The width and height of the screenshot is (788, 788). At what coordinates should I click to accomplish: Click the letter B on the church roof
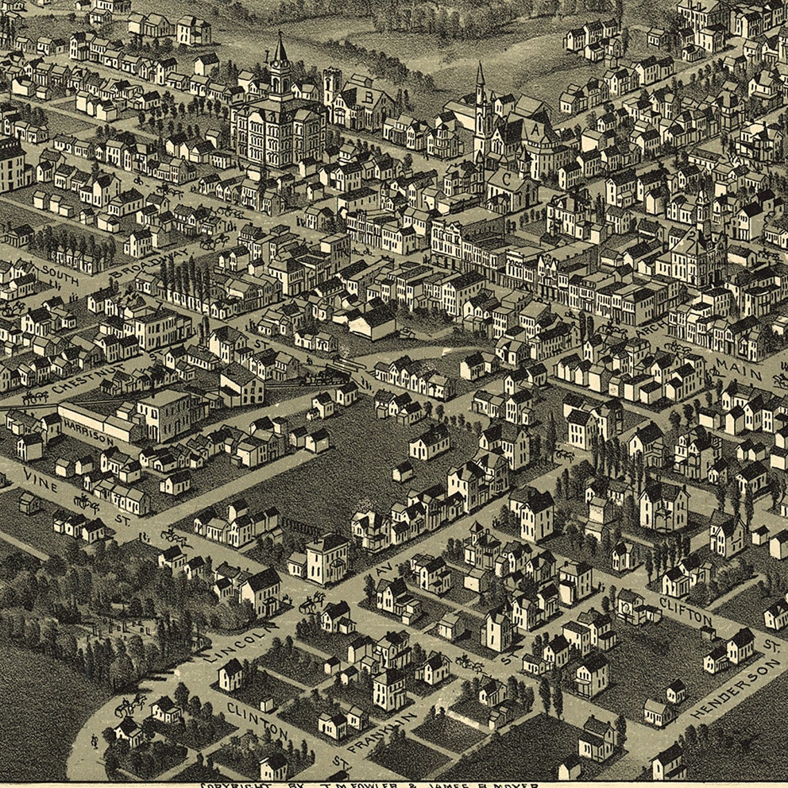click(368, 97)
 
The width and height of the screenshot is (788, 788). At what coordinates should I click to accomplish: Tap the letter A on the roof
click(534, 130)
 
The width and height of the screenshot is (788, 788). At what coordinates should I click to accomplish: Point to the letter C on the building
click(507, 178)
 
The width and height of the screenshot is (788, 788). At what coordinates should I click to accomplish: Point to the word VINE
click(39, 478)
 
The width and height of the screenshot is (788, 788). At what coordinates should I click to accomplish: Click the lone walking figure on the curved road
click(95, 740)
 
